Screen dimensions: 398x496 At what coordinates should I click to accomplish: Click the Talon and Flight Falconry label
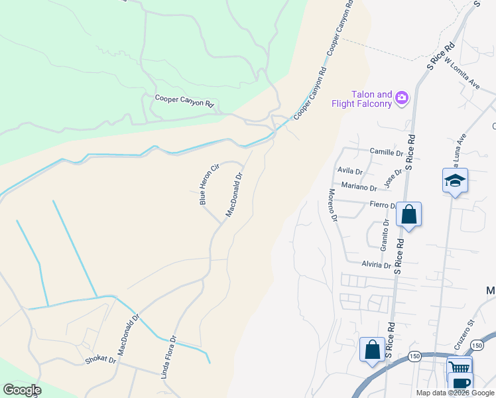tap(362, 99)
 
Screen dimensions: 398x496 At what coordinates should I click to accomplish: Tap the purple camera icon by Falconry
tap(401, 99)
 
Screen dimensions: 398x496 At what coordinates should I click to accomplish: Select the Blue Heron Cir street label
tap(206, 184)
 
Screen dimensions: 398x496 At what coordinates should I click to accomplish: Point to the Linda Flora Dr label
tap(168, 356)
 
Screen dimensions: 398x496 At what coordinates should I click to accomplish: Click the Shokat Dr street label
tap(100, 361)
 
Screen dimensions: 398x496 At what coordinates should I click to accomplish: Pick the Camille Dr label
tap(387, 153)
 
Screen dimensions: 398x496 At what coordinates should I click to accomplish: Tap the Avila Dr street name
tap(349, 171)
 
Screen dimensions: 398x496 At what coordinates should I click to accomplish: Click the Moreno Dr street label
tap(333, 205)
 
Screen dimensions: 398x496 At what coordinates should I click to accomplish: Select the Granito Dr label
tap(385, 236)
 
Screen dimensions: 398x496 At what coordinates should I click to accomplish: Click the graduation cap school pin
tap(455, 180)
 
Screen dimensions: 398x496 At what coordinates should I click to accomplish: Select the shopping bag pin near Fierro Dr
tap(409, 214)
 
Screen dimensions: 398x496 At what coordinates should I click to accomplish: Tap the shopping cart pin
tap(460, 366)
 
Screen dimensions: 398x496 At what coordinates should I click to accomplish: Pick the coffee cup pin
tap(460, 383)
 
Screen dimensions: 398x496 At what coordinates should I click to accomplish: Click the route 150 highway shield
tap(414, 356)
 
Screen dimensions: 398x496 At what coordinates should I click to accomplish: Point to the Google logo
tap(21, 390)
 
